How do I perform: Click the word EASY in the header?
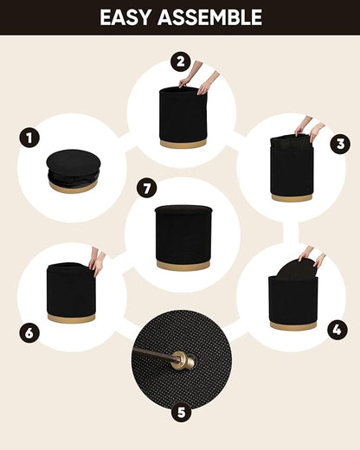125,17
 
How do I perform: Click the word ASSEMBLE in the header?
209,17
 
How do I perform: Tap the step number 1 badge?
29,138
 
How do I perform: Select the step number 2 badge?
180,61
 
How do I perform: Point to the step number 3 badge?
340,144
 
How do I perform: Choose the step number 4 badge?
337,330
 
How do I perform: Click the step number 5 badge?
181,413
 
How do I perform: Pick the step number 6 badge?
29,333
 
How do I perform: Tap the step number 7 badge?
147,189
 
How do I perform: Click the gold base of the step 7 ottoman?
183,265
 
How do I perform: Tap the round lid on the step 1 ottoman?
74,161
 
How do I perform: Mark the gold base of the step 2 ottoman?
183,143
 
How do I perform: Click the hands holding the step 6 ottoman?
98,261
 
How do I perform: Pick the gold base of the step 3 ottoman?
292,197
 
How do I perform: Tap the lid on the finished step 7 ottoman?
183,209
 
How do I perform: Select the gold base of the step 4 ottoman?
293,326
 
